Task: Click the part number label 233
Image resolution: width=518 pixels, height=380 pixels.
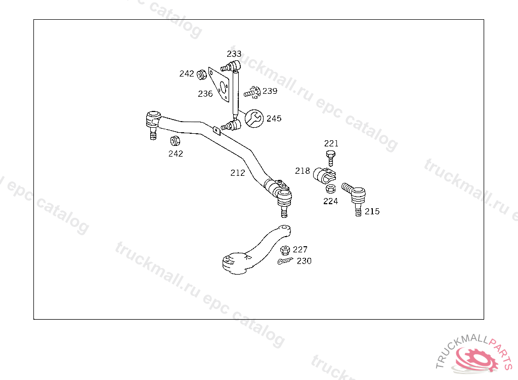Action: [x=234, y=54]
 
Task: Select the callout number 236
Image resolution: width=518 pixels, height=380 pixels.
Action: [x=205, y=94]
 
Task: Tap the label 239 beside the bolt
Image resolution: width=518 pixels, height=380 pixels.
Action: [x=270, y=91]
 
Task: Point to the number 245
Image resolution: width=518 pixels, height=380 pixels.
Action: [x=274, y=119]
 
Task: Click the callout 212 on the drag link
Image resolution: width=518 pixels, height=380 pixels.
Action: [x=237, y=173]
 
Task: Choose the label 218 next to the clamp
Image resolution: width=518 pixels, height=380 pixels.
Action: [x=303, y=171]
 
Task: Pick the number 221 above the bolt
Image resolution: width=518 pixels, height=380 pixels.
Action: [x=331, y=144]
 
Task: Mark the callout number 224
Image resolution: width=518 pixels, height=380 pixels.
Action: [x=330, y=201]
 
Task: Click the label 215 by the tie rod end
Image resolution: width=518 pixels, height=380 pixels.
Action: [x=372, y=211]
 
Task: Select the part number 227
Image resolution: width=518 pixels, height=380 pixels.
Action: [x=300, y=249]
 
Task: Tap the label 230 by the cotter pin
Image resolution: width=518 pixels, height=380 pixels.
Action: [x=304, y=261]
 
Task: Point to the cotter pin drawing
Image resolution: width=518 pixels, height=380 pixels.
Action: [x=285, y=261]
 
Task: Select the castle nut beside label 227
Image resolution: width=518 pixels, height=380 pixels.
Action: [x=285, y=250]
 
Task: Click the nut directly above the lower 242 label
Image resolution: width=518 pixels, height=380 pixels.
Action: [x=175, y=140]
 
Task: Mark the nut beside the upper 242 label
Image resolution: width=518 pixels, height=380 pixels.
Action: [x=201, y=74]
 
